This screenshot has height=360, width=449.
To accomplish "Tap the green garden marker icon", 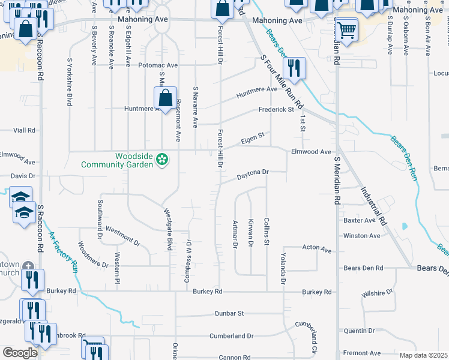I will [x=161, y=160].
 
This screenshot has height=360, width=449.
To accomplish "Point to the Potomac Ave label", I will [x=158, y=65].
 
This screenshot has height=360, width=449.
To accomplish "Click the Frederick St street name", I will [x=276, y=110].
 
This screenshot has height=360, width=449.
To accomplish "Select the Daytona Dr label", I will [x=252, y=174].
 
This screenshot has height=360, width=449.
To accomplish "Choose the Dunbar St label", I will [x=229, y=313].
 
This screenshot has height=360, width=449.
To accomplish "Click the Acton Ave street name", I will [x=317, y=248].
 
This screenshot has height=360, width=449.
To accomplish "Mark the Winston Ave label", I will [x=361, y=236].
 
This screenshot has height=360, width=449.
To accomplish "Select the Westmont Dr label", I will [x=122, y=237].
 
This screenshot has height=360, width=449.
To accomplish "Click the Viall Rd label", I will [x=25, y=130].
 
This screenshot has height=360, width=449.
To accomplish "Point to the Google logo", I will [x=20, y=353].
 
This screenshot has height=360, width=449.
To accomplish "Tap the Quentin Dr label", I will [x=358, y=331].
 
